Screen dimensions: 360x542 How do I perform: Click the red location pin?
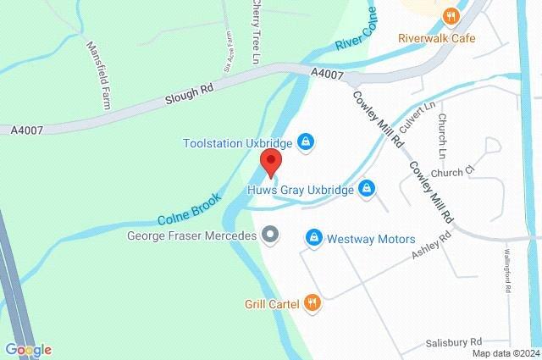[270, 163]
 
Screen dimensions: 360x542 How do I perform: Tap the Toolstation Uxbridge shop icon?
[307, 142]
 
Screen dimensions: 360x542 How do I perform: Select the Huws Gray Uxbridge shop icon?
[367, 187]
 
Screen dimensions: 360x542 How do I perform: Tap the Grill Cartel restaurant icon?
[312, 302]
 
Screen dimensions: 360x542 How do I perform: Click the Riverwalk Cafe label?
[437, 38]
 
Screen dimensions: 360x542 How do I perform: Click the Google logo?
[27, 349]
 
